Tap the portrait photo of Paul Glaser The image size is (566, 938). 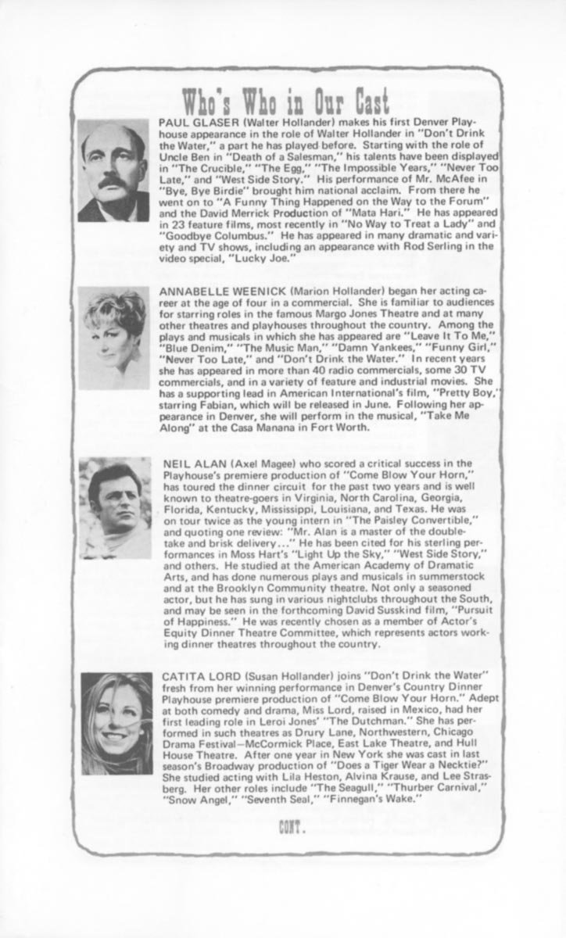(113, 170)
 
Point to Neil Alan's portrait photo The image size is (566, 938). (115, 508)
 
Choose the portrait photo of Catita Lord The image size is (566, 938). (116, 722)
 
